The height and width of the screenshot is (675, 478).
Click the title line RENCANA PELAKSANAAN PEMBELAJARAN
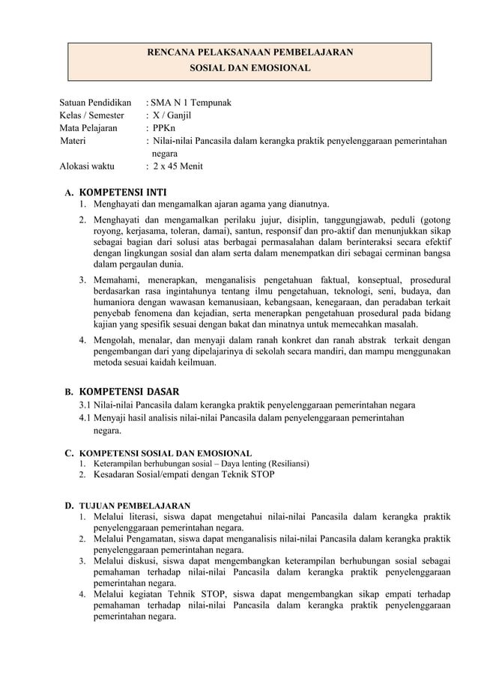point(249,52)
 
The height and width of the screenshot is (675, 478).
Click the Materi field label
point(73,140)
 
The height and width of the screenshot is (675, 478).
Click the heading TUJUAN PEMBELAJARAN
point(135,505)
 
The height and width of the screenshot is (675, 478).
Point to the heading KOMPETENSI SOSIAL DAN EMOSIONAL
point(166,452)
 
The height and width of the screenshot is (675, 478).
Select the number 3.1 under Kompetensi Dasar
point(85,405)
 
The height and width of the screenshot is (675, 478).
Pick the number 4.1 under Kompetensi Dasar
point(85,418)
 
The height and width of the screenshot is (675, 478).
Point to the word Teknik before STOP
point(232,474)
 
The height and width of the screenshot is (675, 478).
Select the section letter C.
point(68,452)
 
